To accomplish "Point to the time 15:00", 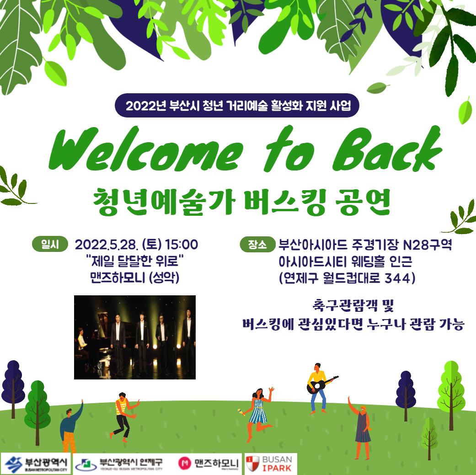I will pyautogui.click(x=182, y=245).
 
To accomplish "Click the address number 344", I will pyautogui.click(x=397, y=278).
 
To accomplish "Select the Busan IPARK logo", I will pyautogui.click(x=271, y=464).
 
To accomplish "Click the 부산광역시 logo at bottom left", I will pyautogui.click(x=37, y=464).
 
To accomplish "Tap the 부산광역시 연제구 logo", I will pyautogui.click(x=121, y=464).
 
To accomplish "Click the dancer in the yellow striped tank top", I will pyautogui.click(x=123, y=411).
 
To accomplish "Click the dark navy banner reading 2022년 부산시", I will pyautogui.click(x=238, y=106).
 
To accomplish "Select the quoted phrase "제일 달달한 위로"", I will pyautogui.click(x=134, y=262).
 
